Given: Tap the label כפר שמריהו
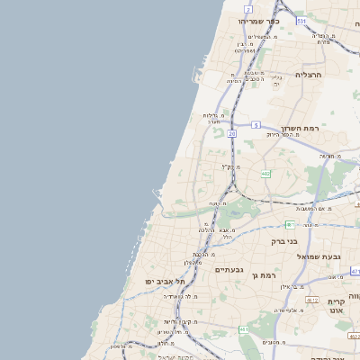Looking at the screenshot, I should tap(259, 21).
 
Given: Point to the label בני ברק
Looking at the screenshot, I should tap(284, 241).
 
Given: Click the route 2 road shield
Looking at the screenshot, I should tap(247, 7).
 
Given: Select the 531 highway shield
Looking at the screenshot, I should tap(301, 20).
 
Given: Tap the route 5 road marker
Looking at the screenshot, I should tap(256, 124).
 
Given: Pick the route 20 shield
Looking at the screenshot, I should tap(231, 133).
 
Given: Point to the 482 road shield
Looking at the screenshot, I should tap(265, 173).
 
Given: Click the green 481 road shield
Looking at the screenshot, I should tap(290, 224).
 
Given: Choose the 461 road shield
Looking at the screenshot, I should tap(243, 331).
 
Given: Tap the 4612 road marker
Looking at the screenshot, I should tap(312, 300).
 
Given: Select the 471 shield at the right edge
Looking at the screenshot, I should tap(355, 270).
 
